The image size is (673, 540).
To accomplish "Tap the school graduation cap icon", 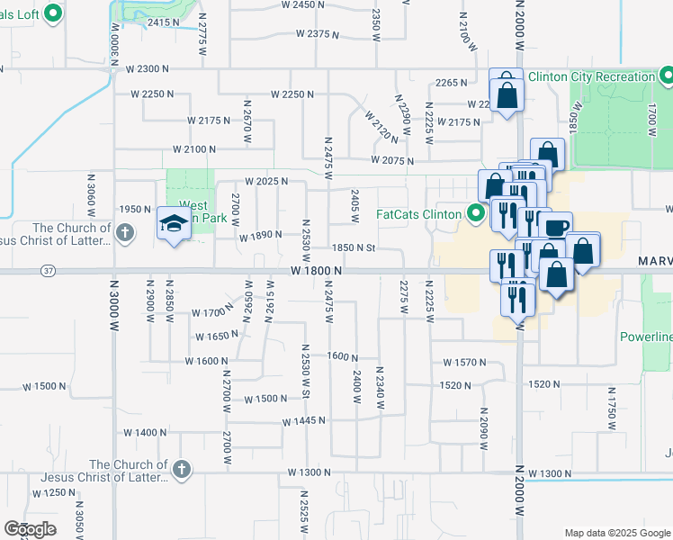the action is point(172,225).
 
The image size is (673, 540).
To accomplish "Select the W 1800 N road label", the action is point(317,271).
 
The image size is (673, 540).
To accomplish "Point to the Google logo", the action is point(30,529).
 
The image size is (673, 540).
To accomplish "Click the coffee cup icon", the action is point(557,227).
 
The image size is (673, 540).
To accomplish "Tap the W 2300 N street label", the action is point(148,68).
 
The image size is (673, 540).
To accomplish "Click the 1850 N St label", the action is point(353,247).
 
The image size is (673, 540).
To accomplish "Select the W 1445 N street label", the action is point(303,421).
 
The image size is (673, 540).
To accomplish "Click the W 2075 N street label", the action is point(391,161).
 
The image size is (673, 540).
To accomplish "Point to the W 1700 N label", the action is point(212,313).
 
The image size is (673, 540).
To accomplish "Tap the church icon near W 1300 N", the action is point(181,468).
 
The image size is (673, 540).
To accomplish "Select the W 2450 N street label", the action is point(302,4).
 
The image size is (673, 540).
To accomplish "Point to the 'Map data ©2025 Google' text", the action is point(617,533).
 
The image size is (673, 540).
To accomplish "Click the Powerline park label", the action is point(646,337).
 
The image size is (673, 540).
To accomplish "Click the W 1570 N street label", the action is point(464,363).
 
